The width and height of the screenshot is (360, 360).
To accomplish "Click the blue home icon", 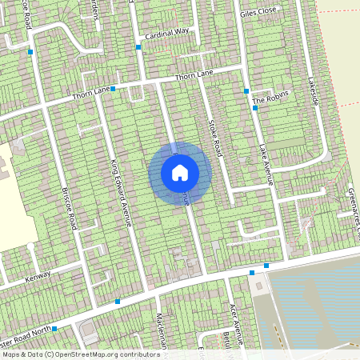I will [180, 172].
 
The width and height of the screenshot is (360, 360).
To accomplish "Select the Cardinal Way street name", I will [167, 35].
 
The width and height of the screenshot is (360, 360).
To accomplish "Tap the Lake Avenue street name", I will [266, 165].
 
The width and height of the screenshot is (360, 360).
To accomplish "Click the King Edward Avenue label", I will [119, 192].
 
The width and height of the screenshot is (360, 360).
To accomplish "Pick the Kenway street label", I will [38, 276].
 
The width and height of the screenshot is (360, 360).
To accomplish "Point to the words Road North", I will [32, 328].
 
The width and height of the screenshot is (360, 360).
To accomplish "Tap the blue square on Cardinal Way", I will [138, 47].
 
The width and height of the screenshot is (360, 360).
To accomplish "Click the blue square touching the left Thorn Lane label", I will [113, 88].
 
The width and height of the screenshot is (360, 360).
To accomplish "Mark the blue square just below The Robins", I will [254, 108].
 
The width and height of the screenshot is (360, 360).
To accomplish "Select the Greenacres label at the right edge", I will [353, 208].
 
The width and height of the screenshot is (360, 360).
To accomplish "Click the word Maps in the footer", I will [12, 354].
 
